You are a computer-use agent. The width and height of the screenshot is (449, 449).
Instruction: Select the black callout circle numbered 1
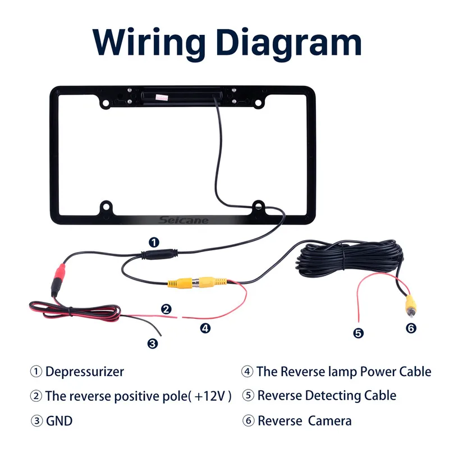[153, 242]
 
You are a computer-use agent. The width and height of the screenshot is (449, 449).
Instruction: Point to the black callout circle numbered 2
[166, 309]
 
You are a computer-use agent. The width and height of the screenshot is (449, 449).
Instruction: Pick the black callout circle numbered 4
[205, 328]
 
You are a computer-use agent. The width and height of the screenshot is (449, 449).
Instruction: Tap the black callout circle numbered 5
[359, 333]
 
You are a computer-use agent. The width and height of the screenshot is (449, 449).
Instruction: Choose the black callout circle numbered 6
[411, 328]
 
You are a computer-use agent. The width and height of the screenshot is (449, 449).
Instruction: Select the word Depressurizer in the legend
[85, 372]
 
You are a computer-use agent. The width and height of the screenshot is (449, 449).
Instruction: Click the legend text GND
[59, 420]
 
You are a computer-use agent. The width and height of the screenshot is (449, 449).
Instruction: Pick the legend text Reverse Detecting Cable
[327, 396]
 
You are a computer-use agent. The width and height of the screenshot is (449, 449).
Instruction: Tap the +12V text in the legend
[210, 396]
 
